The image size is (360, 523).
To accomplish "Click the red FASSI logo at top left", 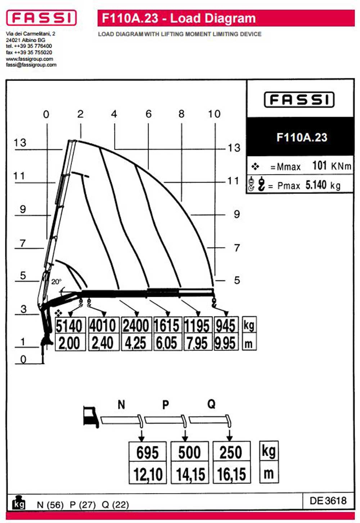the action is (x=41, y=18).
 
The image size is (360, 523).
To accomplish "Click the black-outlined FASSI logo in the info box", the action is (x=299, y=100).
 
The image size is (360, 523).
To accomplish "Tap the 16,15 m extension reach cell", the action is (x=232, y=472).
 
